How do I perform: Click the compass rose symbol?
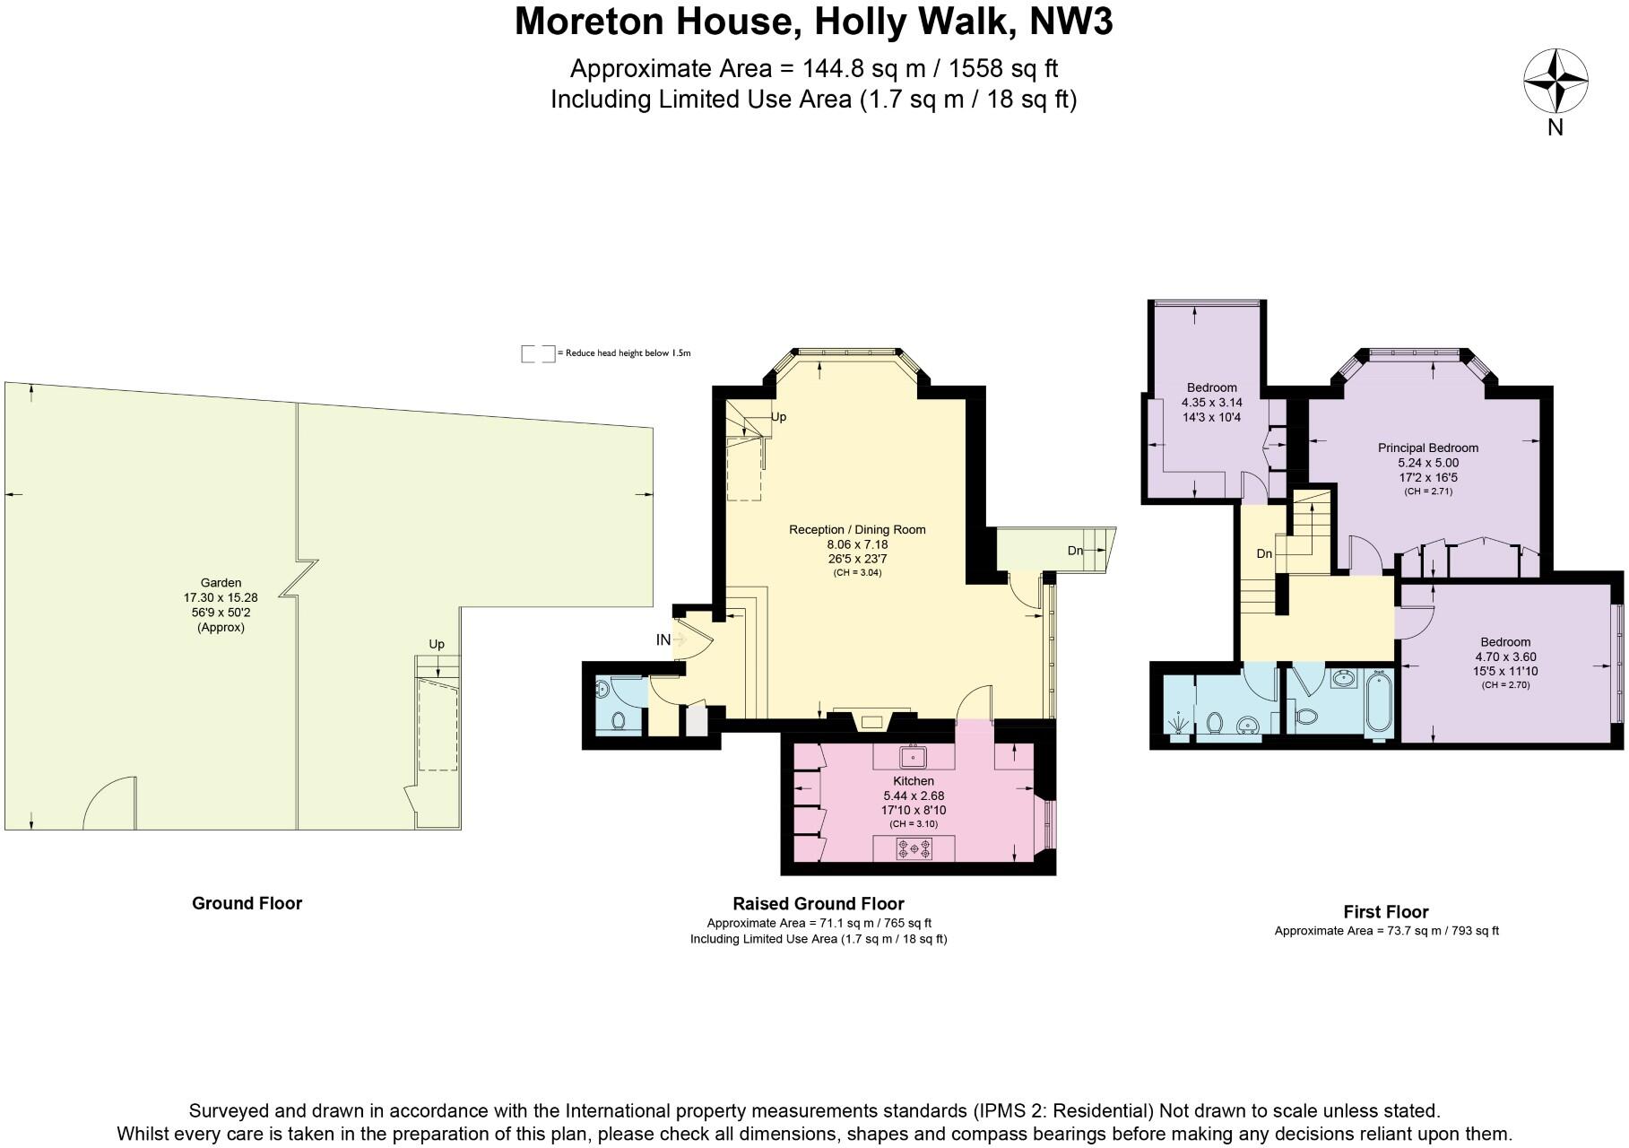(1555, 82)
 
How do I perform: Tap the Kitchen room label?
(913, 781)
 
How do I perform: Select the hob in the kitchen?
(914, 848)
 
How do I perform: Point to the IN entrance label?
(663, 639)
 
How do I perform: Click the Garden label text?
(221, 583)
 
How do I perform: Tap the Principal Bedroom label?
(1427, 448)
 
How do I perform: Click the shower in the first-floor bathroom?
(1178, 721)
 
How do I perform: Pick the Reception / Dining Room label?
(856, 529)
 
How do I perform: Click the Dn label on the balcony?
(1075, 551)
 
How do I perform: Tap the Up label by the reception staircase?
(778, 417)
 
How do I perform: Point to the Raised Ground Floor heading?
(818, 904)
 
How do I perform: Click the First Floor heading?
(1385, 911)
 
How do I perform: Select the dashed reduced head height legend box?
(537, 353)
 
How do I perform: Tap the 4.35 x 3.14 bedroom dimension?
(1211, 403)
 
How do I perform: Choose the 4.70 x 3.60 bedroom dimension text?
(1504, 657)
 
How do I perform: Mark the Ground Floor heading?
(247, 903)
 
